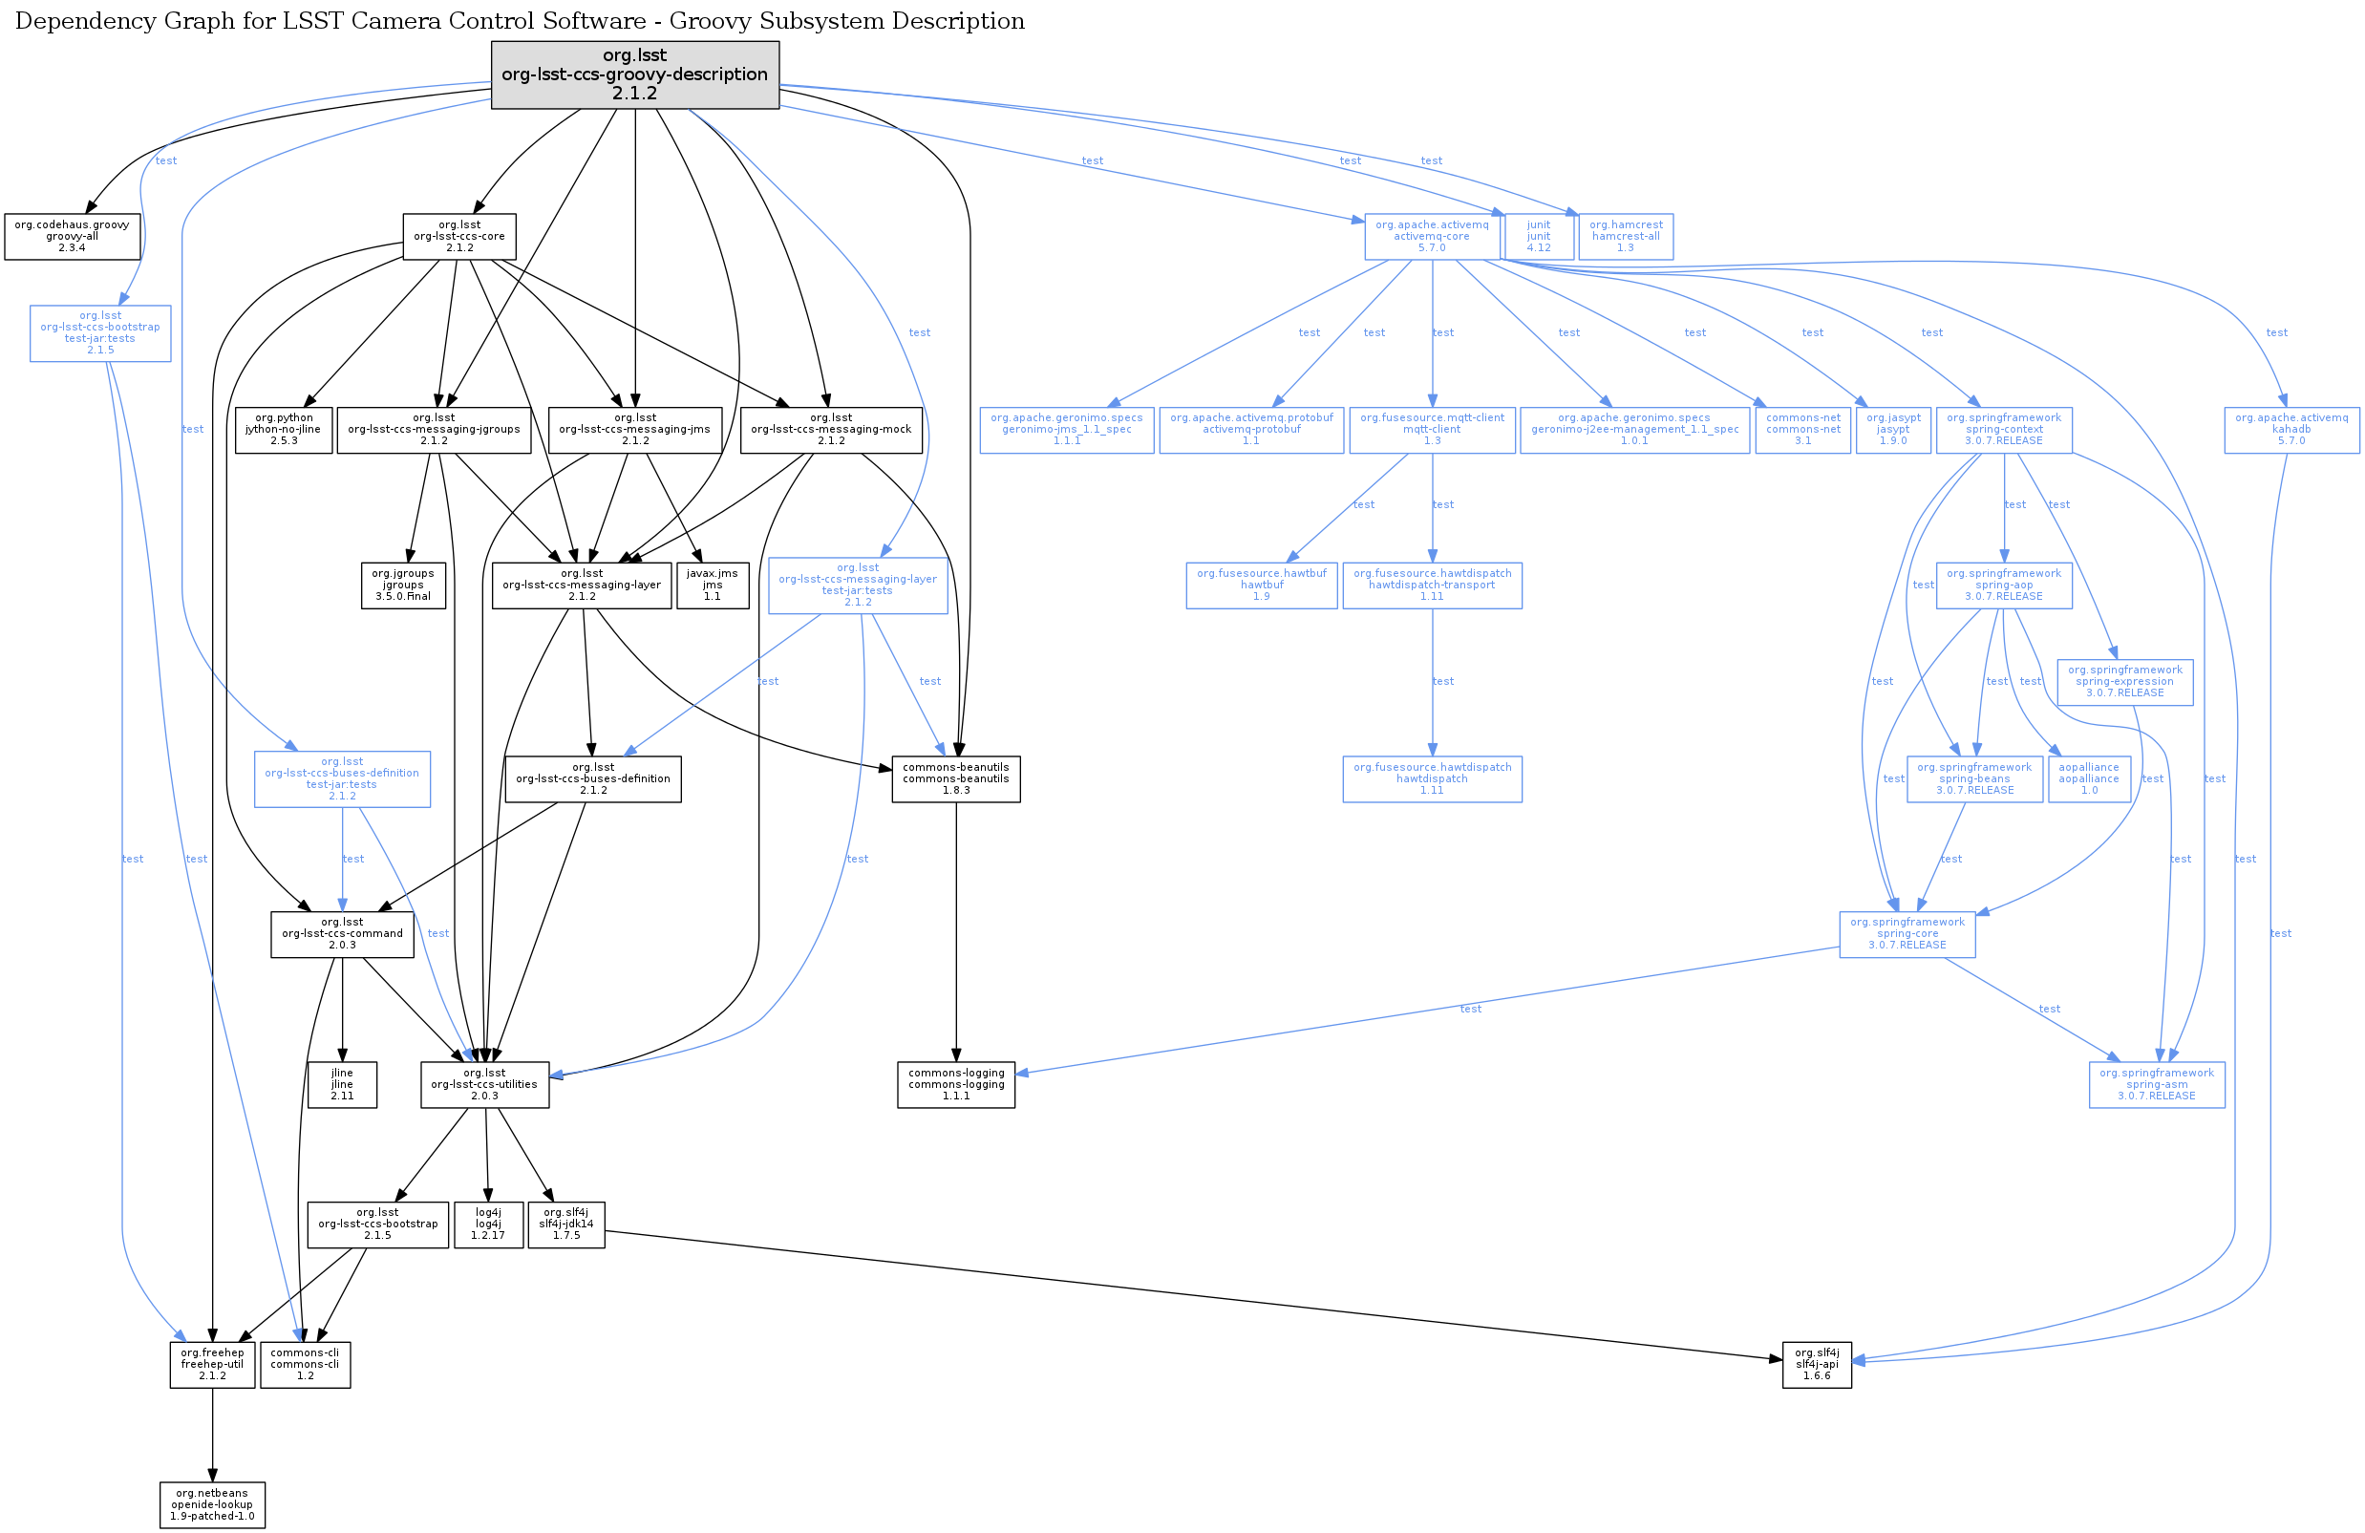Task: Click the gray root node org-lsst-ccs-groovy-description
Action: pyautogui.click(x=635, y=75)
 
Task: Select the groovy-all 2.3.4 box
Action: pyautogui.click(x=72, y=237)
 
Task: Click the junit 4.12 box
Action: pyautogui.click(x=1538, y=237)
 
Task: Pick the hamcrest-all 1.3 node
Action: pyautogui.click(x=1626, y=237)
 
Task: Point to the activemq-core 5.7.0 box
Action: pyautogui.click(x=1432, y=237)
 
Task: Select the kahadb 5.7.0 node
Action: pyautogui.click(x=2291, y=429)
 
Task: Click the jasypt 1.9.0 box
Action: pyautogui.click(x=1893, y=429)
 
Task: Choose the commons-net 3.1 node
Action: pyautogui.click(x=1802, y=429)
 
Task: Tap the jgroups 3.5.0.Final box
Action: pyautogui.click(x=403, y=586)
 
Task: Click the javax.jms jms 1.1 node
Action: pyautogui.click(x=713, y=586)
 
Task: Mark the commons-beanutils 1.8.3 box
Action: pyautogui.click(x=956, y=779)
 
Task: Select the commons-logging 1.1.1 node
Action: pyautogui.click(x=956, y=1085)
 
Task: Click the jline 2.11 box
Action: pyautogui.click(x=342, y=1085)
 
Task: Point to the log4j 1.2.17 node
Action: pyautogui.click(x=489, y=1224)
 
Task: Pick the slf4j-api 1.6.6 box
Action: pyautogui.click(x=1817, y=1364)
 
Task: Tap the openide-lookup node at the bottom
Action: pyautogui.click(x=213, y=1504)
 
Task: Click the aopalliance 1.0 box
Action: pyautogui.click(x=2089, y=779)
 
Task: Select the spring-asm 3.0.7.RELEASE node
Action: pyautogui.click(x=2157, y=1085)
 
